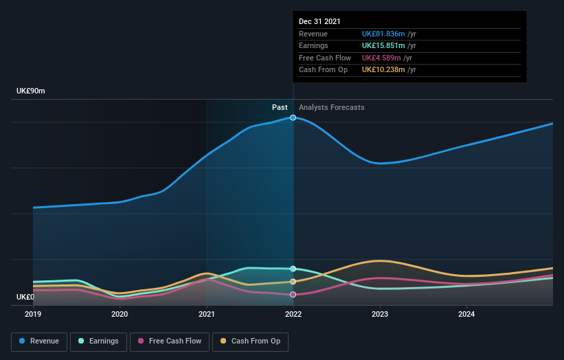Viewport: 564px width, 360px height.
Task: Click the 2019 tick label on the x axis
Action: pos(33,314)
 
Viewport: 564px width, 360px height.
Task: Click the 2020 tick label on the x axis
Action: pos(120,314)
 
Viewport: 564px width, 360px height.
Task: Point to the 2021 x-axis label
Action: pos(206,314)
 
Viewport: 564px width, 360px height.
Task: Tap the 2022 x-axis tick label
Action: pos(293,314)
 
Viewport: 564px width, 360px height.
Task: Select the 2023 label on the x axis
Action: pos(380,314)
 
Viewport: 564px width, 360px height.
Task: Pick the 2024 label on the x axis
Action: pos(466,314)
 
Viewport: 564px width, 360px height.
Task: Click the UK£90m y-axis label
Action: pos(31,91)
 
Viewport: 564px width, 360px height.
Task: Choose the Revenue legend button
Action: pos(39,341)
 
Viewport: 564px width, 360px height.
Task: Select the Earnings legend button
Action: pos(98,341)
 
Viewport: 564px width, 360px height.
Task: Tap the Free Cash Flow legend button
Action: pos(170,341)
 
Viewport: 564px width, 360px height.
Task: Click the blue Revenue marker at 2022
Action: pos(293,117)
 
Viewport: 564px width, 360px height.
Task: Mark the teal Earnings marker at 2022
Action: pos(293,269)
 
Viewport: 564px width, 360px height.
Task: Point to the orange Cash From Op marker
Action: pos(293,282)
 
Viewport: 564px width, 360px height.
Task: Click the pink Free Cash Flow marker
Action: pos(293,295)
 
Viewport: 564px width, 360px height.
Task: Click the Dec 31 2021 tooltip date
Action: pos(319,22)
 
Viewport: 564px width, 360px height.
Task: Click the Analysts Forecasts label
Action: pos(332,107)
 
